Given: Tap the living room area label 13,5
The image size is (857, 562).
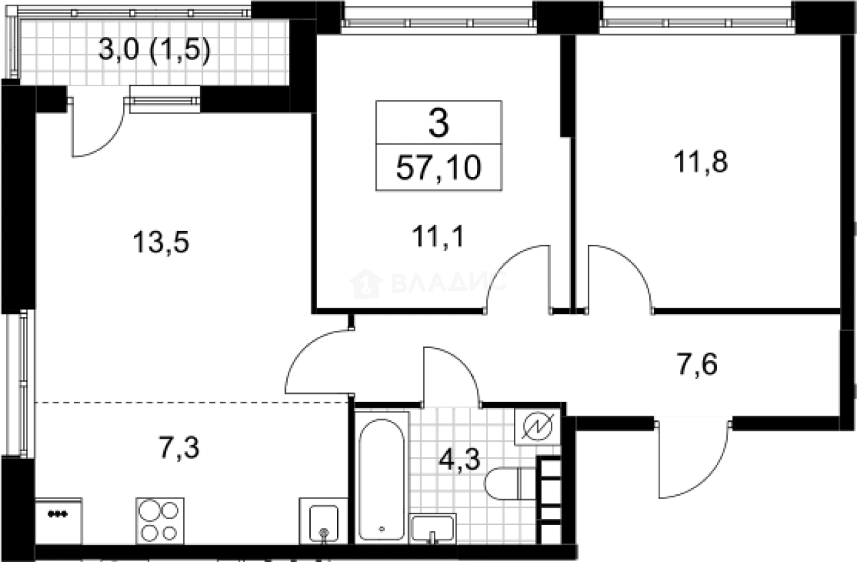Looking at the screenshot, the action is pyautogui.click(x=161, y=242).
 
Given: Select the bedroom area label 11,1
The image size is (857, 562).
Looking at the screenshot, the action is pyautogui.click(x=438, y=237).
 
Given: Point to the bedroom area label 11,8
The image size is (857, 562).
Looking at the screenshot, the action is pyautogui.click(x=700, y=161).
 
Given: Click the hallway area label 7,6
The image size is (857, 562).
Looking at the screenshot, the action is pyautogui.click(x=697, y=364).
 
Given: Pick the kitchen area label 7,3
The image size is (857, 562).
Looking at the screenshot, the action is pyautogui.click(x=179, y=448).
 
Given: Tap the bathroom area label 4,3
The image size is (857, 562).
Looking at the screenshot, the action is pyautogui.click(x=459, y=459).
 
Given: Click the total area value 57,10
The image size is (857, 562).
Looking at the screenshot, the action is pyautogui.click(x=439, y=168).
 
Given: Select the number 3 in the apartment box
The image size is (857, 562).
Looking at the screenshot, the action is pyautogui.click(x=439, y=122).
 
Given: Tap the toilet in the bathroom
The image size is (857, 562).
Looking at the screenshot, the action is pyautogui.click(x=511, y=483).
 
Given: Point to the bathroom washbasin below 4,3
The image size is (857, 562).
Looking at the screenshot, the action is pyautogui.click(x=433, y=528).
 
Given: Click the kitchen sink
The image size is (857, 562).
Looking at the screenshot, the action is pyautogui.click(x=324, y=521).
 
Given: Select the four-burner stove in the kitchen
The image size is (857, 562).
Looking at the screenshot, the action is pyautogui.click(x=160, y=521).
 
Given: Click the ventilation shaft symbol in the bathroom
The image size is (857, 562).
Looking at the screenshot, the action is pyautogui.click(x=537, y=427).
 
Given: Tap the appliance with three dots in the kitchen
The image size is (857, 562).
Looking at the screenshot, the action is pyautogui.click(x=58, y=521).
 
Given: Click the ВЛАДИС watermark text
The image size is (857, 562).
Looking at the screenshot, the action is pyautogui.click(x=450, y=282).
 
